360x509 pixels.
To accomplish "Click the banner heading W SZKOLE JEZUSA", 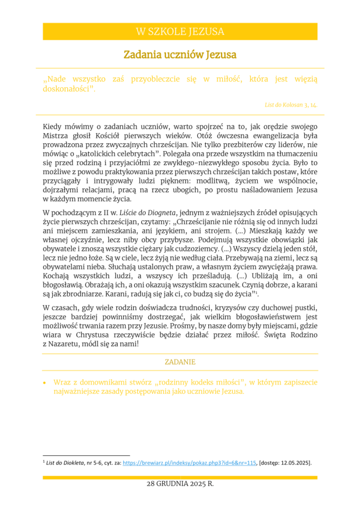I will pyautogui.click(x=180, y=32).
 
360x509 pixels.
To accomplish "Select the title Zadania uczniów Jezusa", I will pyautogui.click(x=180, y=54).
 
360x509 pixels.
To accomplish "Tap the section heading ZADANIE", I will pyautogui.click(x=180, y=362).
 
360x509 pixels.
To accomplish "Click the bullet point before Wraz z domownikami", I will pyautogui.click(x=45, y=383).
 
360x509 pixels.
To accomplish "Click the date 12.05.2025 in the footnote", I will pyautogui.click(x=296, y=463).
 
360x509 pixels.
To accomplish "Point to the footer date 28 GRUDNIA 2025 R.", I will pyautogui.click(x=180, y=484).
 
